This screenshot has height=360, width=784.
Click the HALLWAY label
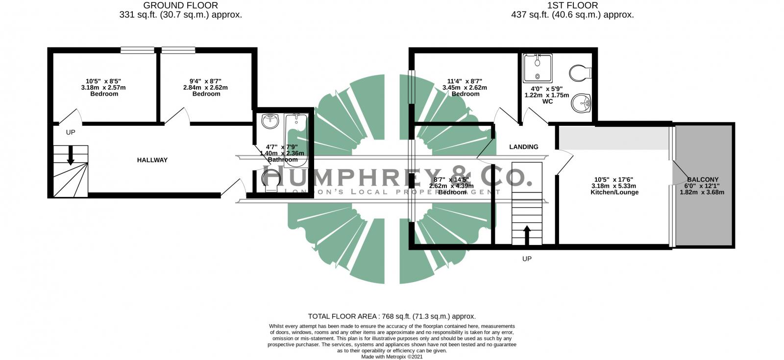pyautogui.click(x=152, y=160)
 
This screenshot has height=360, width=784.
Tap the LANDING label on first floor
pyautogui.click(x=523, y=147)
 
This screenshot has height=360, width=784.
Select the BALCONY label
pyautogui.click(x=702, y=180)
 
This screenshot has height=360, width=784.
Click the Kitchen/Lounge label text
pyautogui.click(x=614, y=192)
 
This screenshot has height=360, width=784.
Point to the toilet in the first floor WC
pyautogui.click(x=581, y=73)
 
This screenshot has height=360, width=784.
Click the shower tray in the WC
pyautogui.click(x=538, y=68)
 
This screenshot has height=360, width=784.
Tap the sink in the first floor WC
pyautogui.click(x=582, y=103)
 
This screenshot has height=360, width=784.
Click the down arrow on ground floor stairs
pyautogui.click(x=70, y=155)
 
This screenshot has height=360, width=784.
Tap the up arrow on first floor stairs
pyautogui.click(x=527, y=234)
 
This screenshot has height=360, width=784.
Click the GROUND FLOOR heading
pyautogui.click(x=180, y=5)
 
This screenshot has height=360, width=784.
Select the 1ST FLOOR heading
pyautogui.click(x=572, y=5)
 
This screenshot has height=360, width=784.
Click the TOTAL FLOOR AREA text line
pyautogui.click(x=392, y=316)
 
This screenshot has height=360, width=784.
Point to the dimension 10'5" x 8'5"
pyautogui.click(x=103, y=81)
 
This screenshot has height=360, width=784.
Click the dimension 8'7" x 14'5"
pyautogui.click(x=451, y=180)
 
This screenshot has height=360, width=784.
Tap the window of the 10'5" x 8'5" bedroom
pyautogui.click(x=138, y=49)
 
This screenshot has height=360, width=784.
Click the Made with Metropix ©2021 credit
pyautogui.click(x=392, y=357)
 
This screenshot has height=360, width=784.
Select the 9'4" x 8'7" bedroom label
pyautogui.click(x=206, y=94)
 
